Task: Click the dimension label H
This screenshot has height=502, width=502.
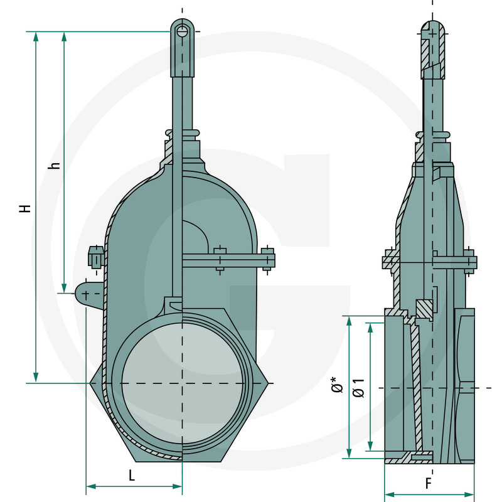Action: coord(24,208)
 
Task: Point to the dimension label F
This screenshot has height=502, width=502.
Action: coord(429,484)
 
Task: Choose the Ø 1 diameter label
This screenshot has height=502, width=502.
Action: coord(359,387)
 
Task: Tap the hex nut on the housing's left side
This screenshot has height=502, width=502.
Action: coord(95,257)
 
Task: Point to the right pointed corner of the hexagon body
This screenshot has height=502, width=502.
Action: coord(270,383)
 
